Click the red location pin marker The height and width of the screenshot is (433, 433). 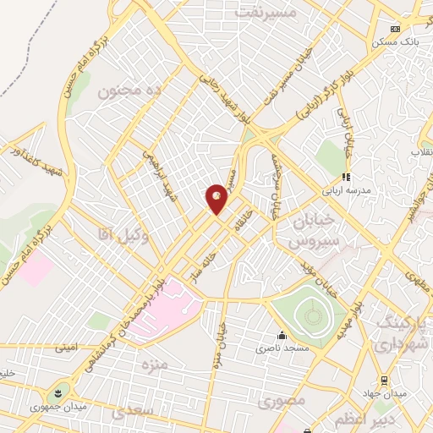pos(217,198)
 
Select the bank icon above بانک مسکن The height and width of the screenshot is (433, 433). pos(393,27)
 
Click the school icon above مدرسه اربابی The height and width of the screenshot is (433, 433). pos(344,177)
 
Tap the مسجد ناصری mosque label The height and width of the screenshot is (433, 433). pos(282,347)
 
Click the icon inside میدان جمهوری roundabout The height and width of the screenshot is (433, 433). pos(58,393)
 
